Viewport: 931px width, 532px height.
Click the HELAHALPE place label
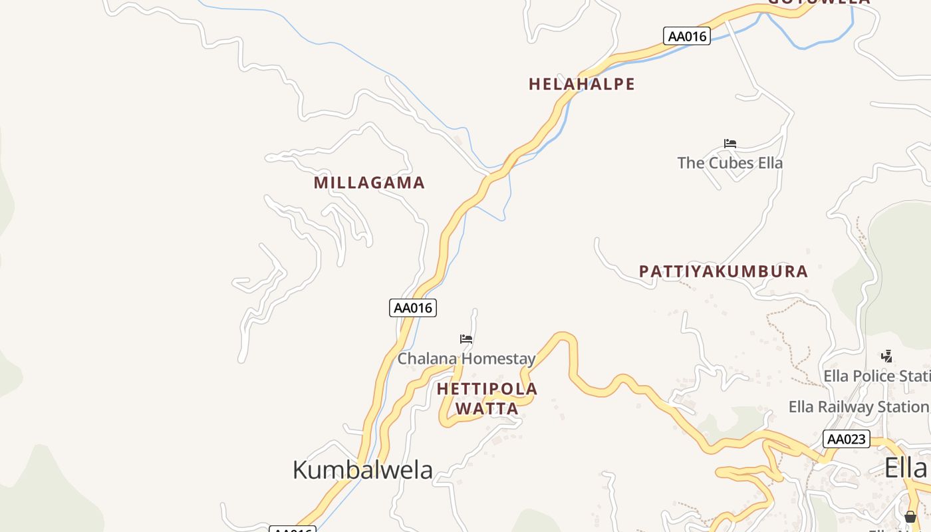[582, 84]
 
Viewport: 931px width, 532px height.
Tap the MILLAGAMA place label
[369, 183]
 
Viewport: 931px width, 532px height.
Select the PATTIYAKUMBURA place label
[724, 271]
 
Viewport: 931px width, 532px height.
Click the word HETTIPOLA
[487, 388]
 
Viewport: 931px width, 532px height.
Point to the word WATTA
[487, 408]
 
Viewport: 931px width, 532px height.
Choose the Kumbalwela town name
[362, 469]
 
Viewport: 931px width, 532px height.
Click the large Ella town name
[905, 468]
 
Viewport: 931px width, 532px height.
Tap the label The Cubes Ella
[730, 163]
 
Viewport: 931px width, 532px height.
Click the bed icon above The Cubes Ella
[730, 144]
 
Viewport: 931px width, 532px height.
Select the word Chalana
[427, 359]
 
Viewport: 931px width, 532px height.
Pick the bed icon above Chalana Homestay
[466, 339]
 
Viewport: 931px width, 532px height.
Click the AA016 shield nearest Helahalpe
[687, 36]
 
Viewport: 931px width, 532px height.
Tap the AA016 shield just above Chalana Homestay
[413, 308]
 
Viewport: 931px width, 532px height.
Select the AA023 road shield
[847, 439]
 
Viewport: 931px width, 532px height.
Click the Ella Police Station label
[876, 376]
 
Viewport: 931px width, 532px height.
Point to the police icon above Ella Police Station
[886, 356]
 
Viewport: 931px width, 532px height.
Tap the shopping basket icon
[910, 517]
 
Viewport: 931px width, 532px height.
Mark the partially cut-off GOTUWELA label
[819, 2]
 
